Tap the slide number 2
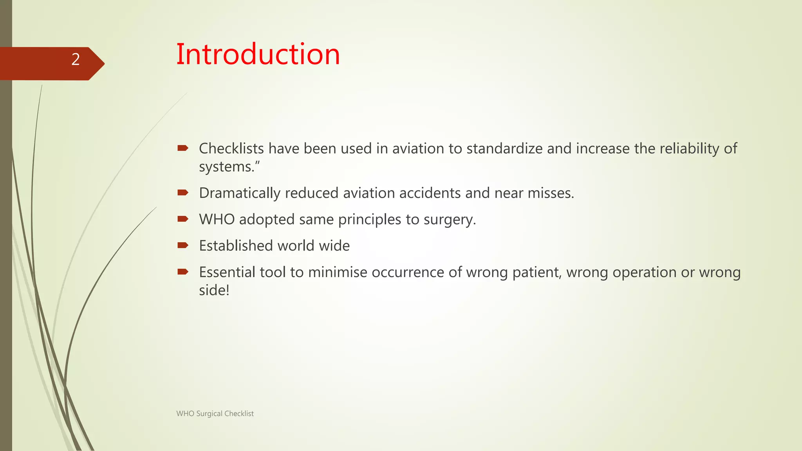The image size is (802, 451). pos(76,60)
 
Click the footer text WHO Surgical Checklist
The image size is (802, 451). pos(215,413)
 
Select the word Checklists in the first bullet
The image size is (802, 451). pos(231,148)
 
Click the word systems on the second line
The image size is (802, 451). pos(227,167)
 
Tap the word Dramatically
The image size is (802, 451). pos(240,193)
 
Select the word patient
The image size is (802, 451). pos(537,272)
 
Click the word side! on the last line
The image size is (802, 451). pos(214,290)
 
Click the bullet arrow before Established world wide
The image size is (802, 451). pos(183,245)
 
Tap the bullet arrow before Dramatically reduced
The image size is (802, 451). pos(183,192)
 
